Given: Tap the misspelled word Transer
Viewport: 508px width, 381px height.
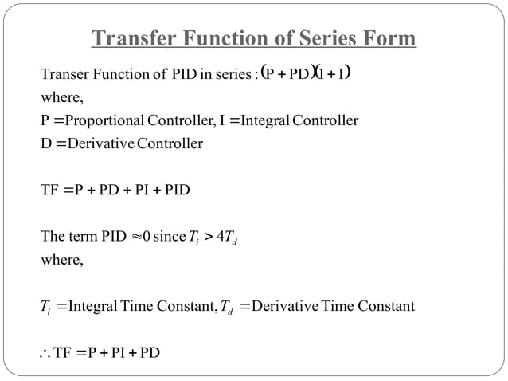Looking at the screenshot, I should pos(63,76).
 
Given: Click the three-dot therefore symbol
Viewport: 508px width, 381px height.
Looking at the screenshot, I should pos(45,352).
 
